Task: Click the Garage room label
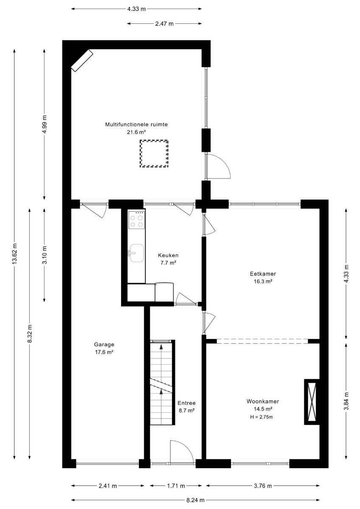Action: coord(104,344)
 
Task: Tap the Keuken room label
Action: coord(168,255)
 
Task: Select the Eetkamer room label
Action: coord(263,274)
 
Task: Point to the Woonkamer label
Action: coord(263,402)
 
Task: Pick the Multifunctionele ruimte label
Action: coord(136,125)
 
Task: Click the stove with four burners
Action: coord(136,220)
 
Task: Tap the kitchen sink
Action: coord(136,253)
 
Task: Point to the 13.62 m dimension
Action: coord(14,254)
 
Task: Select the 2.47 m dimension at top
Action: coord(164,24)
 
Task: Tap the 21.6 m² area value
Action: coord(136,132)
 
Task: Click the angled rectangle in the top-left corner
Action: coord(82,60)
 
